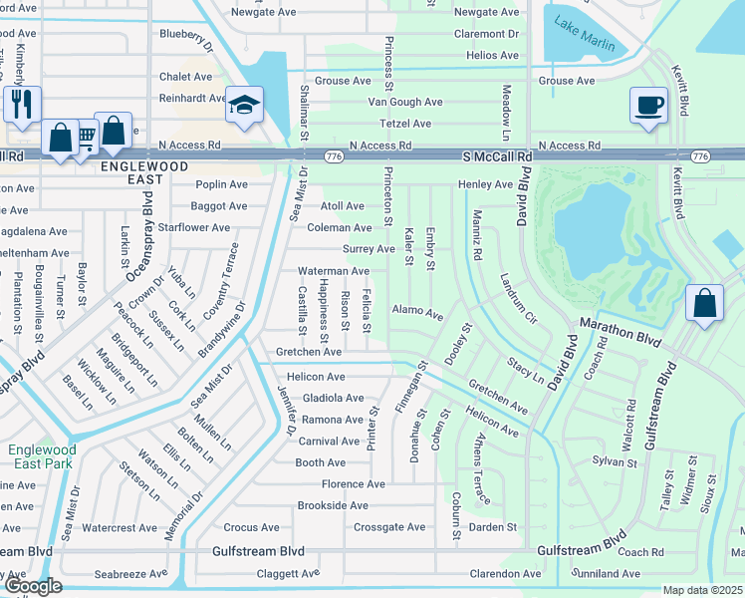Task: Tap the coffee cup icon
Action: click(648, 104)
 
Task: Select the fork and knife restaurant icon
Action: click(22, 103)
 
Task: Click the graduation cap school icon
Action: click(242, 104)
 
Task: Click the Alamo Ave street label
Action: click(417, 313)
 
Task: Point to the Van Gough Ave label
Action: click(405, 102)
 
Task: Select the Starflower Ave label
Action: click(194, 227)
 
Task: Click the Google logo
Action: click(32, 586)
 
